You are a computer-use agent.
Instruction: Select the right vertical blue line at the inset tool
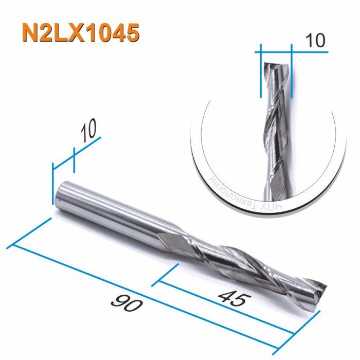(x=291, y=72)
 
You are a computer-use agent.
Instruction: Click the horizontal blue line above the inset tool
(x=276, y=51)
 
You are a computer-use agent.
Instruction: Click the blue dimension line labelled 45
(x=226, y=309)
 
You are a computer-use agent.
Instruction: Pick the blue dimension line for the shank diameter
(x=77, y=152)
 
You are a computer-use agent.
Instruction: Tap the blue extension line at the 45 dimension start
(x=167, y=274)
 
